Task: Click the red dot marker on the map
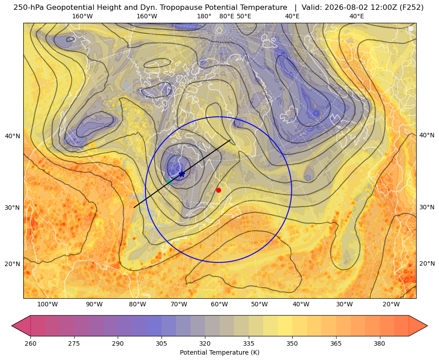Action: (219, 190)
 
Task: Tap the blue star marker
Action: (182, 174)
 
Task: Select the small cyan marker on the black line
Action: (169, 182)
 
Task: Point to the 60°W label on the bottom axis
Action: (219, 304)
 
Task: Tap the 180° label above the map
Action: (204, 16)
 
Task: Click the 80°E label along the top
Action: (226, 16)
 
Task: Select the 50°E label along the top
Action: (244, 16)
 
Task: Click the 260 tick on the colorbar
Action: (30, 343)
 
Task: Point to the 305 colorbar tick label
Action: (161, 343)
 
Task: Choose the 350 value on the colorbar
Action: (292, 343)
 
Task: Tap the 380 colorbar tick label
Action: (379, 343)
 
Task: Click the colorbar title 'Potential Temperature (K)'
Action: (219, 352)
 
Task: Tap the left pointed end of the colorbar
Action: (12, 326)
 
